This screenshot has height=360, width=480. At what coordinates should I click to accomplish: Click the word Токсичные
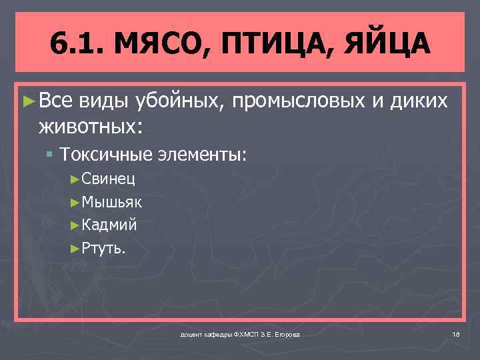pos(106,155)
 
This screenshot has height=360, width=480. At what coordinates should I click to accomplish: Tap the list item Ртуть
pos(103,248)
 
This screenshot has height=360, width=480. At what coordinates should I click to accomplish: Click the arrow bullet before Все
pos(28,101)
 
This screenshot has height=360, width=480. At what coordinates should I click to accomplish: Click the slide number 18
pos(456,333)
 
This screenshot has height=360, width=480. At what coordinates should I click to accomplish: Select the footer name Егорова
pos(286,333)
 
